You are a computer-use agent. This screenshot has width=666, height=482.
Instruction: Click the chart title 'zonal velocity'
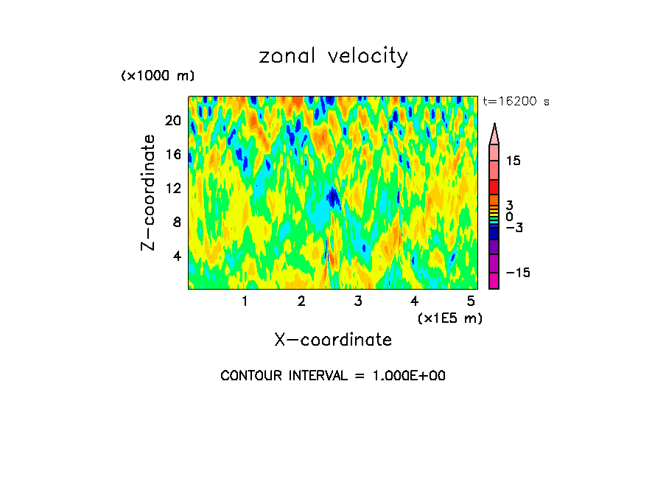tap(333, 56)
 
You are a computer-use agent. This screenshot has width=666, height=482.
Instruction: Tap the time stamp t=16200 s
tap(516, 102)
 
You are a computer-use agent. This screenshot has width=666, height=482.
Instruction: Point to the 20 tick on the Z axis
tap(172, 121)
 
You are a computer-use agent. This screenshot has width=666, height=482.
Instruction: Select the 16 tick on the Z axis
tap(172, 155)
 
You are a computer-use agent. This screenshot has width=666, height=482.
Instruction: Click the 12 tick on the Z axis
tap(172, 189)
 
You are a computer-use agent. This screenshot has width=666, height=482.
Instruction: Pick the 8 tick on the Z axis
tap(175, 222)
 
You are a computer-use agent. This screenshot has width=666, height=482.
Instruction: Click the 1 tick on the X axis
tap(245, 301)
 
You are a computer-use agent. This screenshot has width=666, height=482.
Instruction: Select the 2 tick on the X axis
tap(301, 301)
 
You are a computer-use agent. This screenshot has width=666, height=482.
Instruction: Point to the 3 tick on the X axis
tap(358, 301)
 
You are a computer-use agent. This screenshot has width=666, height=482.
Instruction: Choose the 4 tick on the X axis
tap(415, 301)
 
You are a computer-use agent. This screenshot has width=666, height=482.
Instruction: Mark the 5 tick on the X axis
tap(471, 301)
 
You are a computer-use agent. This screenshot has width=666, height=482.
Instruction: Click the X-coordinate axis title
tap(333, 340)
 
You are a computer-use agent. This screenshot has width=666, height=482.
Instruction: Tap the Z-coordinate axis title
tap(149, 192)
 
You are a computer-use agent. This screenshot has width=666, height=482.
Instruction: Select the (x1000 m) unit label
tap(158, 77)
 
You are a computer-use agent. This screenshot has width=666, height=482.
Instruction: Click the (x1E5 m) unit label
tap(449, 318)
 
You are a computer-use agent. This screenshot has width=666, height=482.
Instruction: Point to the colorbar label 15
tap(513, 161)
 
